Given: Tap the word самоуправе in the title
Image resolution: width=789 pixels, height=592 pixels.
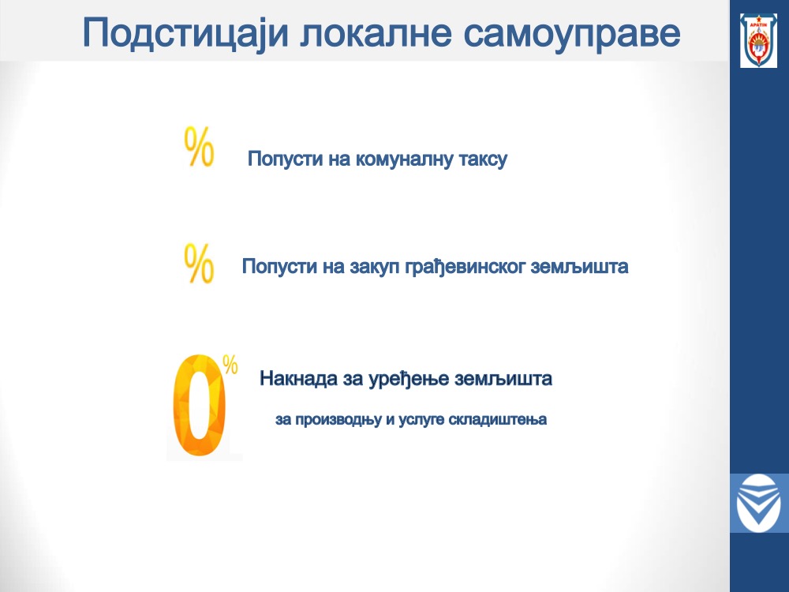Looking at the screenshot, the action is tap(571, 36).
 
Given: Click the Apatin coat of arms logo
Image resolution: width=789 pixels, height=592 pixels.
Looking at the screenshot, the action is tap(758, 41).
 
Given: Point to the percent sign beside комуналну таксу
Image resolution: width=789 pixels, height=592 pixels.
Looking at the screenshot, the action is tap(200, 147).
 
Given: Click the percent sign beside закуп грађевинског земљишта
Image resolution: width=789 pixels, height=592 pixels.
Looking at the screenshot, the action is tap(200, 264).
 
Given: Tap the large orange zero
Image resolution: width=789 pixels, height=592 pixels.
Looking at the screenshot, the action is tap(200, 406).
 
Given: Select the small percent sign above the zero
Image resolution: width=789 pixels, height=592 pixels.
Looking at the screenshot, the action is tap(230, 365).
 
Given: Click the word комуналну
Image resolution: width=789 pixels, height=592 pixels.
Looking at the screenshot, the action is tap(405, 159).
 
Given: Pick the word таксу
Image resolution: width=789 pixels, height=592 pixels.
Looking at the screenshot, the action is tap(484, 159).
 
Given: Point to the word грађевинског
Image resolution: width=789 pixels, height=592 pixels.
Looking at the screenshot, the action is tap(466, 266).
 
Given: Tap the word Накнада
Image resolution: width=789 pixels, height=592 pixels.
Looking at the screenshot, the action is tap(299, 378).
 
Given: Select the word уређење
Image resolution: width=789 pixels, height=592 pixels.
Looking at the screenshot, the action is tap(409, 379).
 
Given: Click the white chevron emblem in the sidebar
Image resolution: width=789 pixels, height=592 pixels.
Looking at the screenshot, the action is tap(758, 503).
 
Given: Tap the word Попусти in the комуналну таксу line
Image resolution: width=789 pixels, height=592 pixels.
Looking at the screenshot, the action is tap(286, 159).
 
